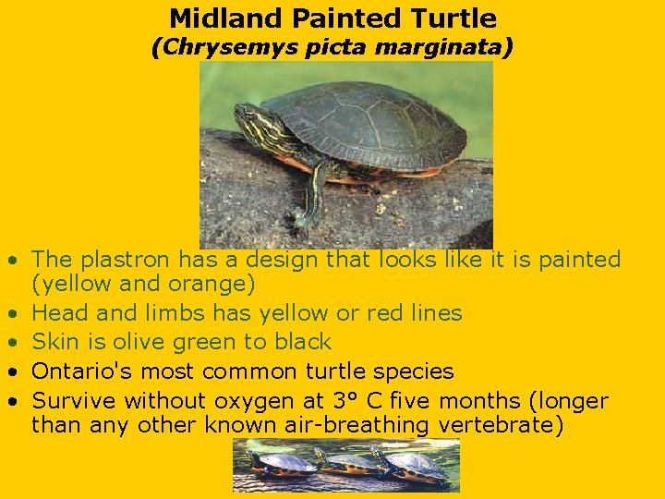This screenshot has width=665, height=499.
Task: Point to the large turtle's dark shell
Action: click(369, 125)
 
